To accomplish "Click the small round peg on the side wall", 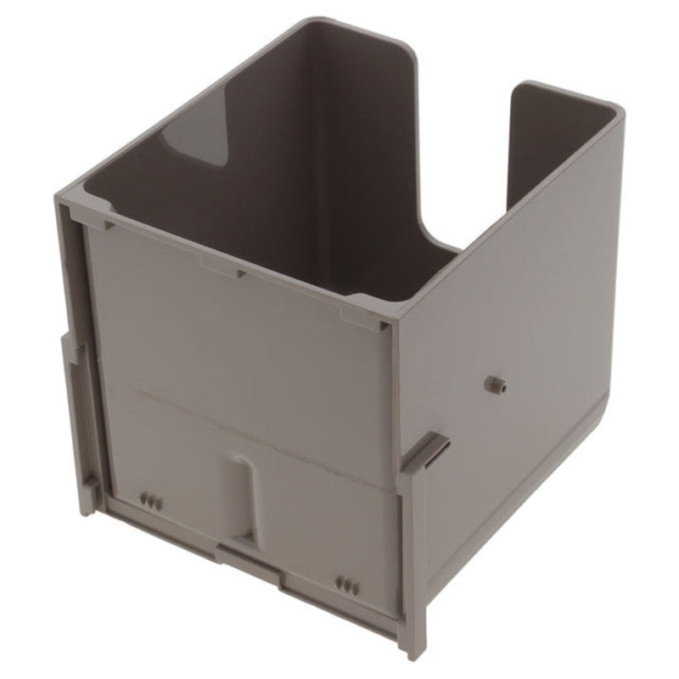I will pyautogui.click(x=493, y=384).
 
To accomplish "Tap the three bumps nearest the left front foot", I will pyautogui.click(x=151, y=501).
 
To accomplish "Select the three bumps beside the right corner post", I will pyautogui.click(x=347, y=585).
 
